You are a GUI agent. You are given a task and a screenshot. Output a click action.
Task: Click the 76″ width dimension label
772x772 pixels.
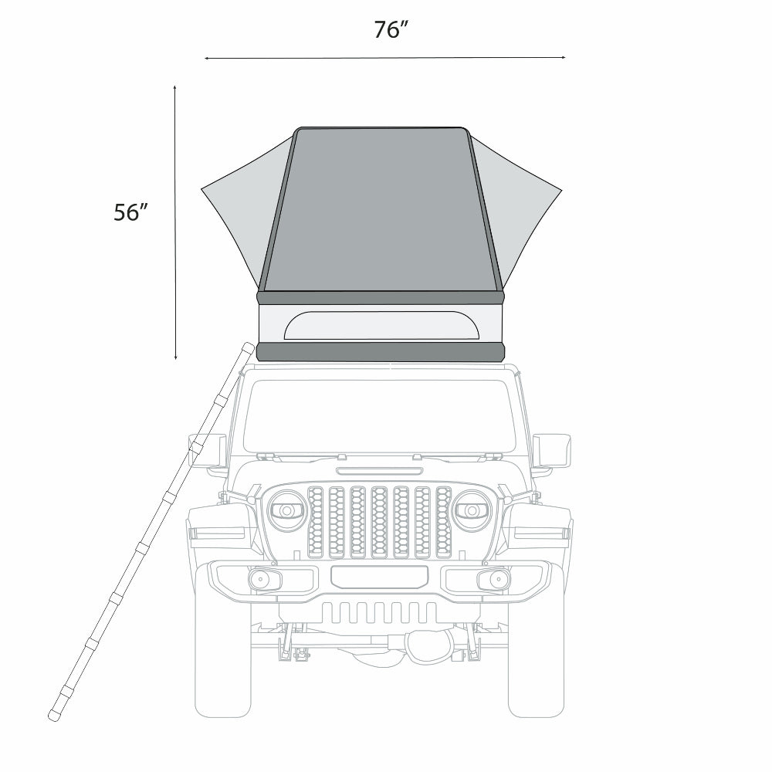pos(391,30)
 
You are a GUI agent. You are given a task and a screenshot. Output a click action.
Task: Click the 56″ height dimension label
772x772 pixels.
pos(130,212)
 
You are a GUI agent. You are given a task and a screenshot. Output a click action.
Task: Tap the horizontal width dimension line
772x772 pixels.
pos(385,57)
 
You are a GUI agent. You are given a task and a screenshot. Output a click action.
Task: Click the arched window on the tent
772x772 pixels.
pos(381,326)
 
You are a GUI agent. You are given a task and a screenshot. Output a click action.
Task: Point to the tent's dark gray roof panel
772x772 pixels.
pos(381,208)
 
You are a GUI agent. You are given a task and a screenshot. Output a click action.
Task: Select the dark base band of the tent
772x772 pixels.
pos(381,353)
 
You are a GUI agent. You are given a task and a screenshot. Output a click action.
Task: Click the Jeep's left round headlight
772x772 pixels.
pos(287,510)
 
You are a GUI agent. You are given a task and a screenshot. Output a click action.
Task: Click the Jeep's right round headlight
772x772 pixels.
pos(471,510)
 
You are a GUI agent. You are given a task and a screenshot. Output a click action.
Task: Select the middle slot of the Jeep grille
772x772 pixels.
pos(379,521)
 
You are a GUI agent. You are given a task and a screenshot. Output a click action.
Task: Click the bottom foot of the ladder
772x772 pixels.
pos(54,716)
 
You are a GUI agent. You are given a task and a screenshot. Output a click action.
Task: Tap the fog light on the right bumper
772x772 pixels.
pos(493,580)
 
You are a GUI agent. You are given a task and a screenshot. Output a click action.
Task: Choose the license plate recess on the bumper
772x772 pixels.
pos(379,576)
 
